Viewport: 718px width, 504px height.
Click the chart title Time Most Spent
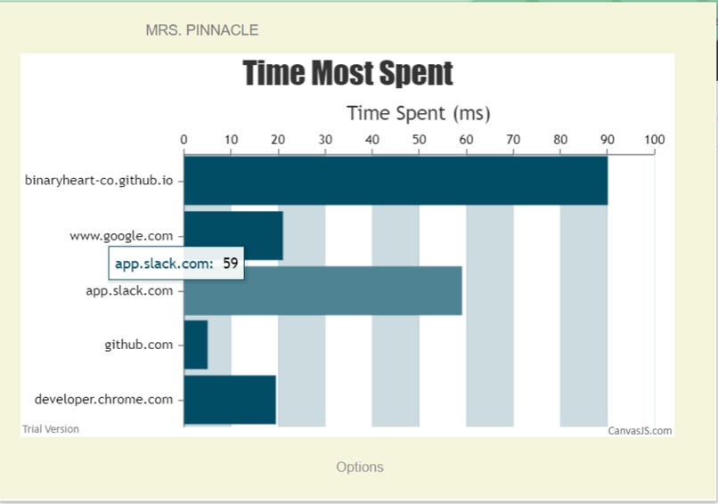click(347, 74)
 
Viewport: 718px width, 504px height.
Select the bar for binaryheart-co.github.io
click(396, 180)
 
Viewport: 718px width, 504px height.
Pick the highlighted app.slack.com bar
click(356, 291)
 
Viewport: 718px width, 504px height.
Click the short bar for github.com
click(196, 345)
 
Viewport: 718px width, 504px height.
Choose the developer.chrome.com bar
click(230, 400)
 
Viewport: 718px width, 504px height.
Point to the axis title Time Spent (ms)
click(418, 113)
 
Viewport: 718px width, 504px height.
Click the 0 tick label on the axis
click(184, 140)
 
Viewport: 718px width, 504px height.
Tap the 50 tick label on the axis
click(419, 140)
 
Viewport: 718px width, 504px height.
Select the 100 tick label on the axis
click(654, 140)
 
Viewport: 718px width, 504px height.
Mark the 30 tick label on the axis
click(325, 140)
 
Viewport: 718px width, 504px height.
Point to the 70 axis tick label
click(513, 140)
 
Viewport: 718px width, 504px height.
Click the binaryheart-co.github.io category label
click(99, 180)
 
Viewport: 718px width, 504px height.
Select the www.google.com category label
click(121, 236)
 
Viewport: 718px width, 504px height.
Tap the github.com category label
click(138, 345)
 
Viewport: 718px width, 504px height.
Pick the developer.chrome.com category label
click(103, 399)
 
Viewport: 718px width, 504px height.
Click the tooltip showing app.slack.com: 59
click(176, 264)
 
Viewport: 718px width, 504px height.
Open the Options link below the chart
click(360, 467)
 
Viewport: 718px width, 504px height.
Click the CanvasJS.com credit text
click(640, 431)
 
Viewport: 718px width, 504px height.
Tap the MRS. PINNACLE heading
click(202, 30)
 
